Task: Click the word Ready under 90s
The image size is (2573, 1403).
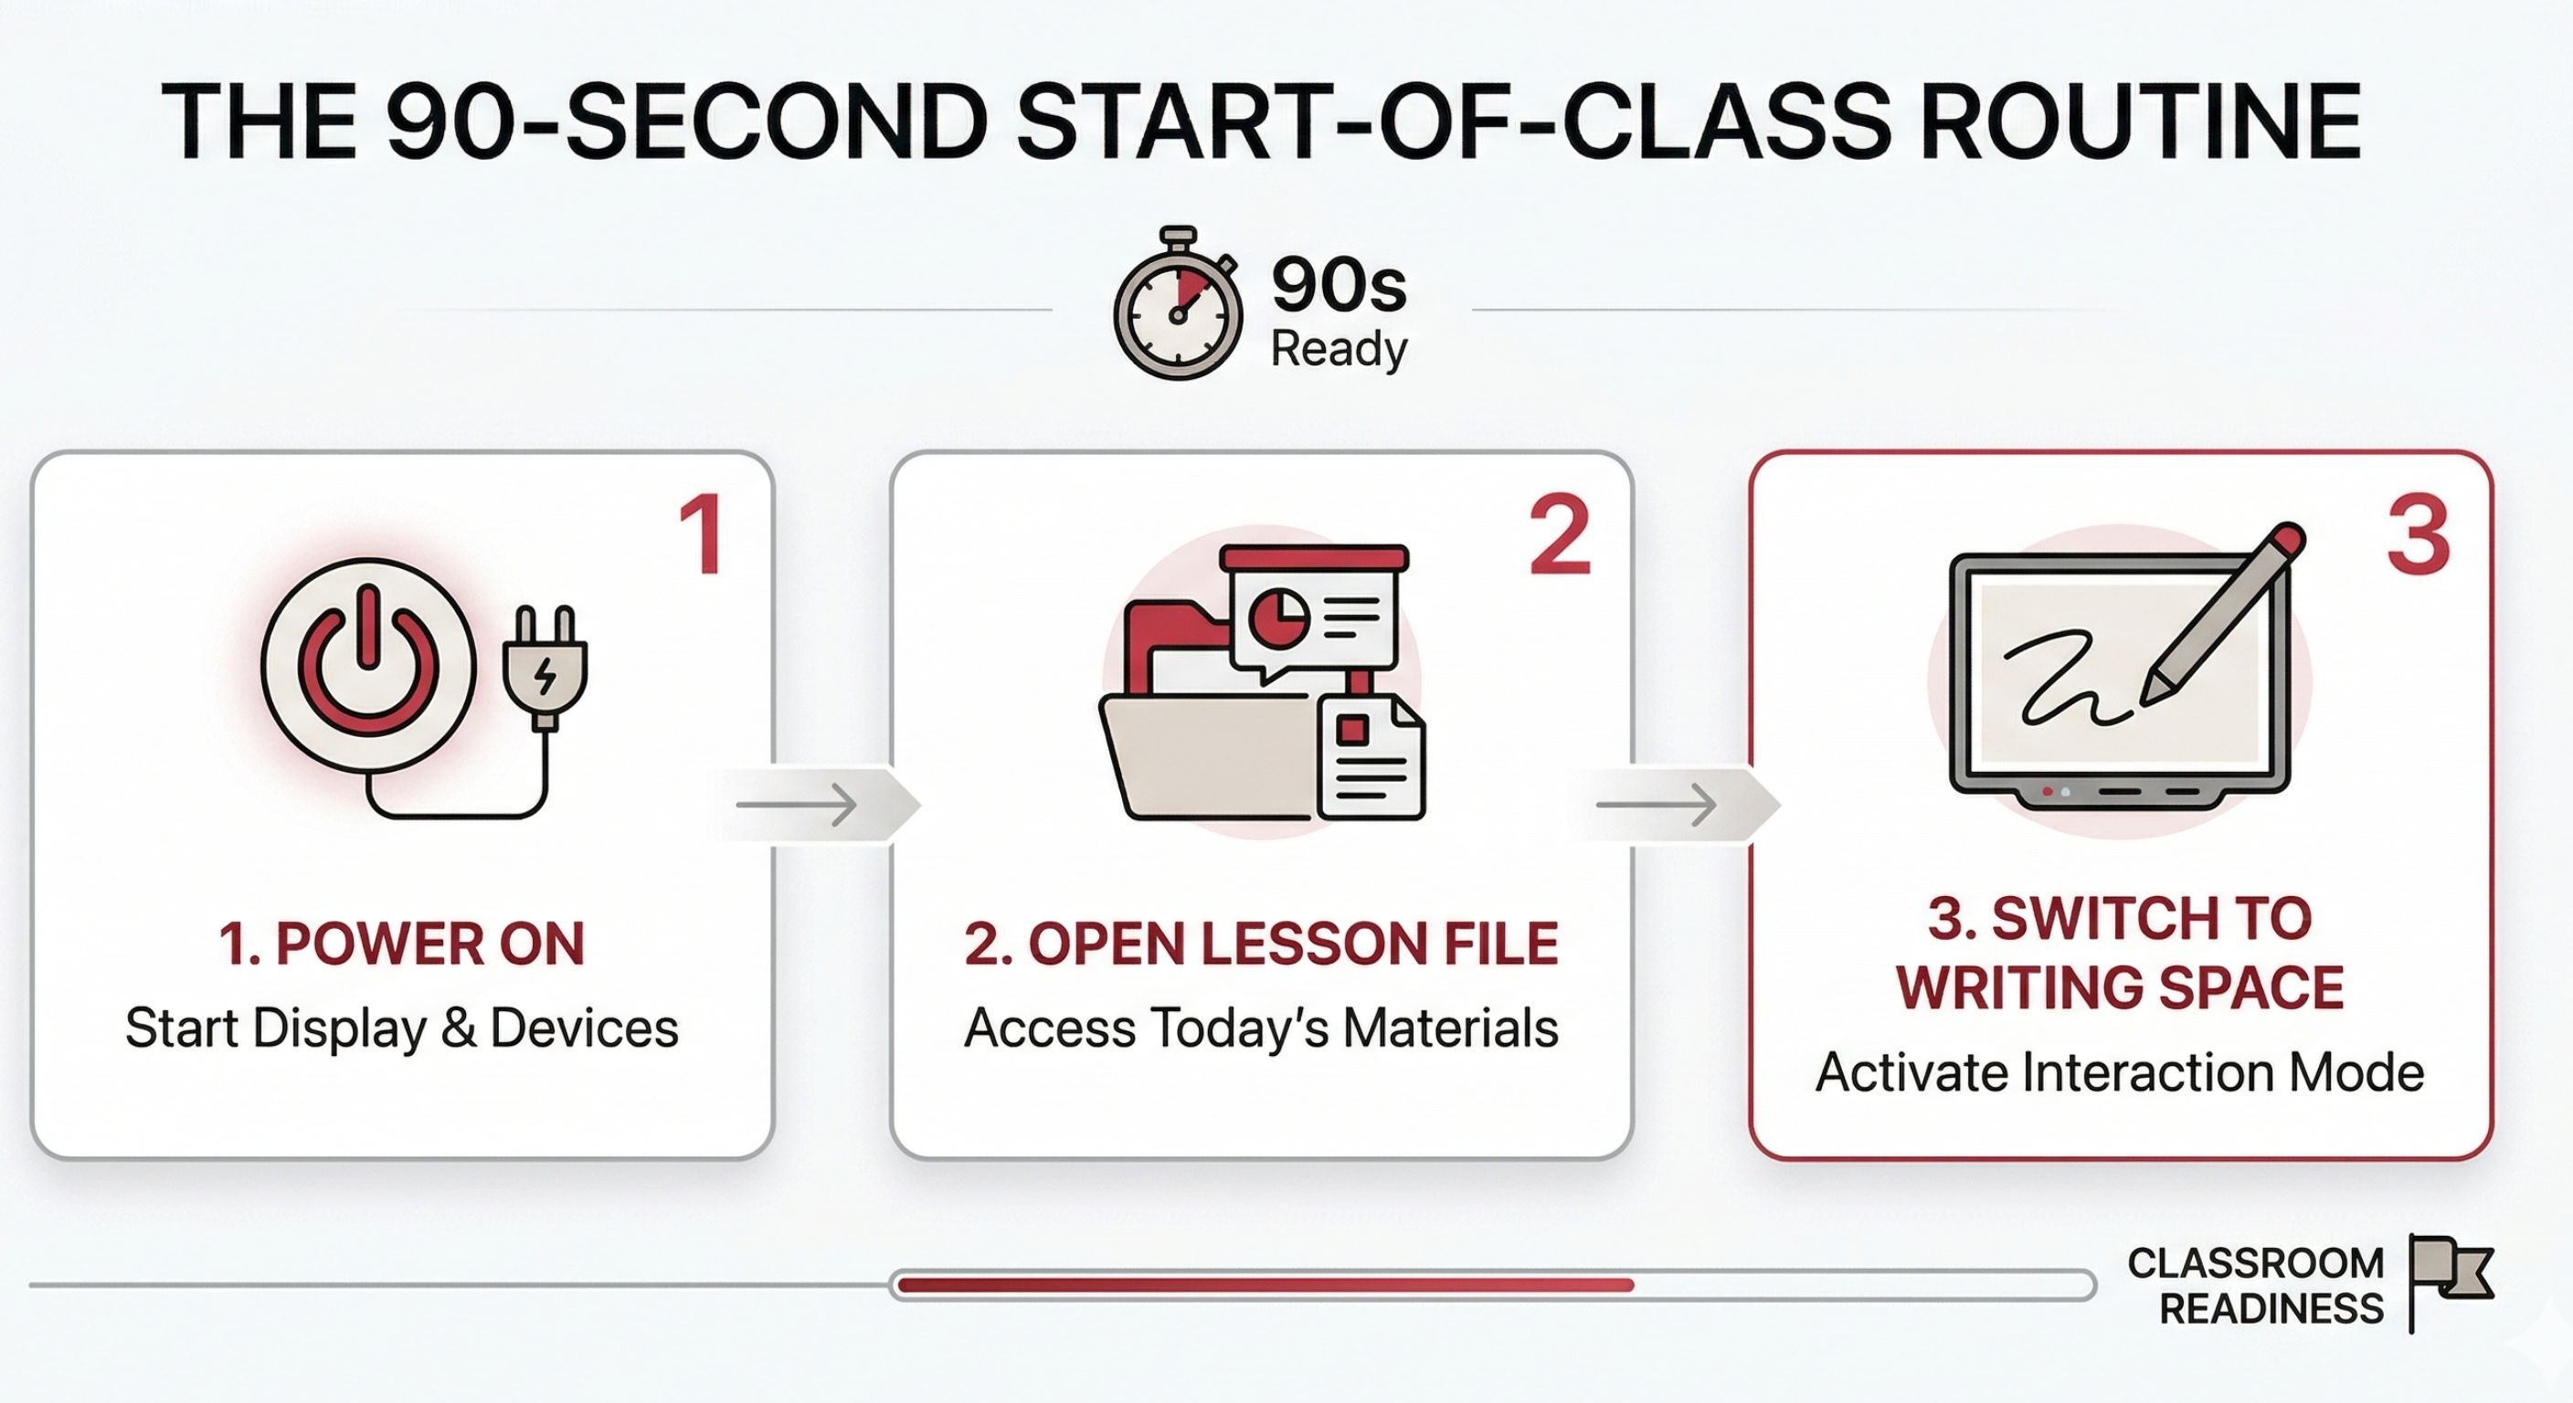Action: (1339, 349)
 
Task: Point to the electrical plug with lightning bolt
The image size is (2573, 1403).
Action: (545, 667)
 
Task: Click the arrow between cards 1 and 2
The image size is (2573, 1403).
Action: (799, 804)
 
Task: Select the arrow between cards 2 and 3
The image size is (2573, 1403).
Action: (1659, 804)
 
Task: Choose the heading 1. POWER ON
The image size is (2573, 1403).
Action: (401, 944)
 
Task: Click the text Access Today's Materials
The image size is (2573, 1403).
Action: (1261, 1029)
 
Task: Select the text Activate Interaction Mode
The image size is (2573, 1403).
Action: (2120, 1072)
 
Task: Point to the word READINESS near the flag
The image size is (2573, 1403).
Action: (2271, 1309)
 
